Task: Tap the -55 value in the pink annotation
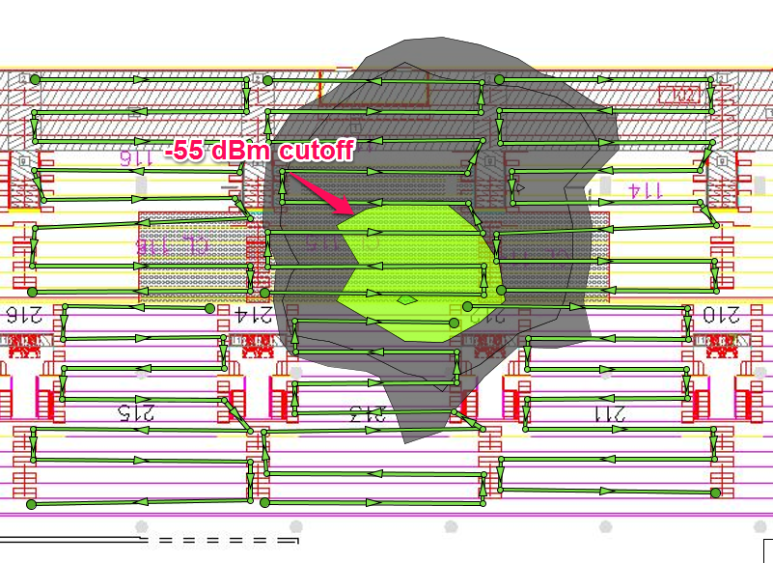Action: [x=188, y=150]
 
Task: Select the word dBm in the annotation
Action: [x=245, y=150]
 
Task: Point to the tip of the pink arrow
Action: [x=349, y=213]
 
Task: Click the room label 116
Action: [x=138, y=155]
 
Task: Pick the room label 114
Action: [x=646, y=189]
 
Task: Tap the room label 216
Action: [x=26, y=313]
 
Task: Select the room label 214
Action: [x=254, y=313]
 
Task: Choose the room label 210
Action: [x=722, y=313]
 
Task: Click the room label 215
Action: [x=136, y=413]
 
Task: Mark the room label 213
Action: [x=367, y=414]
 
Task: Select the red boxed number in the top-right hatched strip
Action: [x=678, y=95]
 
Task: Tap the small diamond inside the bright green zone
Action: [x=408, y=299]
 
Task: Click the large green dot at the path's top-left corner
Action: [x=35, y=78]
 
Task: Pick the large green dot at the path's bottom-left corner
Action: [x=31, y=504]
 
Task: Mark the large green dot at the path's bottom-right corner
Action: [x=715, y=493]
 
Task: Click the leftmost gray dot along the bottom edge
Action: [x=142, y=527]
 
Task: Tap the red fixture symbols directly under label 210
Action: [x=721, y=343]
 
